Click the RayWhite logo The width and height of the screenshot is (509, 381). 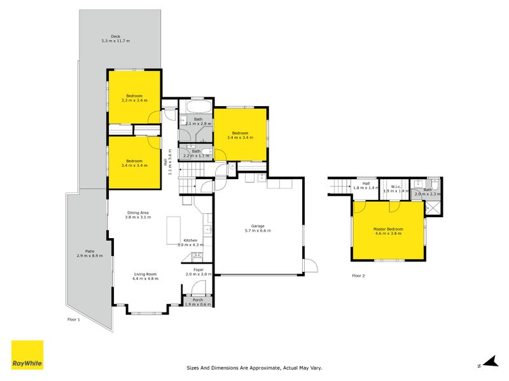click(27, 355)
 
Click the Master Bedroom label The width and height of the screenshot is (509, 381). click(388, 229)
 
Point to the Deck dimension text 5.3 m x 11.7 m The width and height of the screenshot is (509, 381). click(115, 41)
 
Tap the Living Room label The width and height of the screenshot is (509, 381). click(144, 274)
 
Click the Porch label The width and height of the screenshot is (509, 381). click(198, 300)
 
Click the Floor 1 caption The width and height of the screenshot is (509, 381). click(74, 319)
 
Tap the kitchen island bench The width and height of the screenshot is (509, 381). click(174, 230)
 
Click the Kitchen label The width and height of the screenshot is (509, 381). click(190, 240)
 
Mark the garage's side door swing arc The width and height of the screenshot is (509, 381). click(309, 266)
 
